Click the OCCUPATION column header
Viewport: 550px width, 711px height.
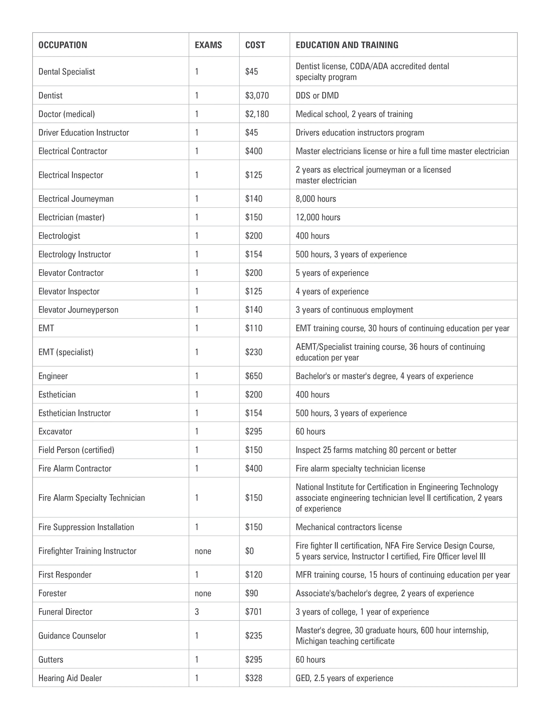tap(63, 45)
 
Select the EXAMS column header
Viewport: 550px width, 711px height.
tap(208, 45)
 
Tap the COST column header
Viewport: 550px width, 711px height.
tap(255, 45)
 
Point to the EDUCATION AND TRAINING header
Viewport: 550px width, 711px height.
tap(347, 45)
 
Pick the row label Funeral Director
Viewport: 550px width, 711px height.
tap(65, 612)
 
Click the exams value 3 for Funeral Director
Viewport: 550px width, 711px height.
tap(197, 612)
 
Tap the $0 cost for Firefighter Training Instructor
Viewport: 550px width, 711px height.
tap(249, 551)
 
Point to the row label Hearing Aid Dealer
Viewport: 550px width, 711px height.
tap(70, 678)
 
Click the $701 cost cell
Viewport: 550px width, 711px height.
tap(253, 612)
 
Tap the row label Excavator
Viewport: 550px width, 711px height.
tap(55, 431)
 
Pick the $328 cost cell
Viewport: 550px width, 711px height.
tap(253, 678)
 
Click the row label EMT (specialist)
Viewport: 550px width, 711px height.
tap(66, 352)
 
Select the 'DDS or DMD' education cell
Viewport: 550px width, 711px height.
tap(317, 95)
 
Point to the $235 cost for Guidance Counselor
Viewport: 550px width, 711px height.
tap(253, 635)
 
